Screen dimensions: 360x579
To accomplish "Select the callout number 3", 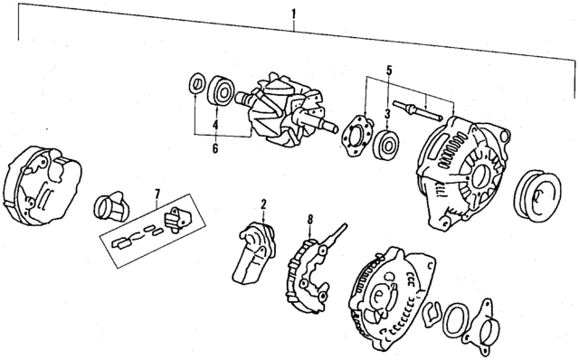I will pos(387,114).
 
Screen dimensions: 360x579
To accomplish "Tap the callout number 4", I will pos(214,124).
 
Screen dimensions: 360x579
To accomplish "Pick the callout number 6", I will pos(214,147).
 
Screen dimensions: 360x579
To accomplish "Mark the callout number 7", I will pos(157,192).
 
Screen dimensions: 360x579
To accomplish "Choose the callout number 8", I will pos(309,218).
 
